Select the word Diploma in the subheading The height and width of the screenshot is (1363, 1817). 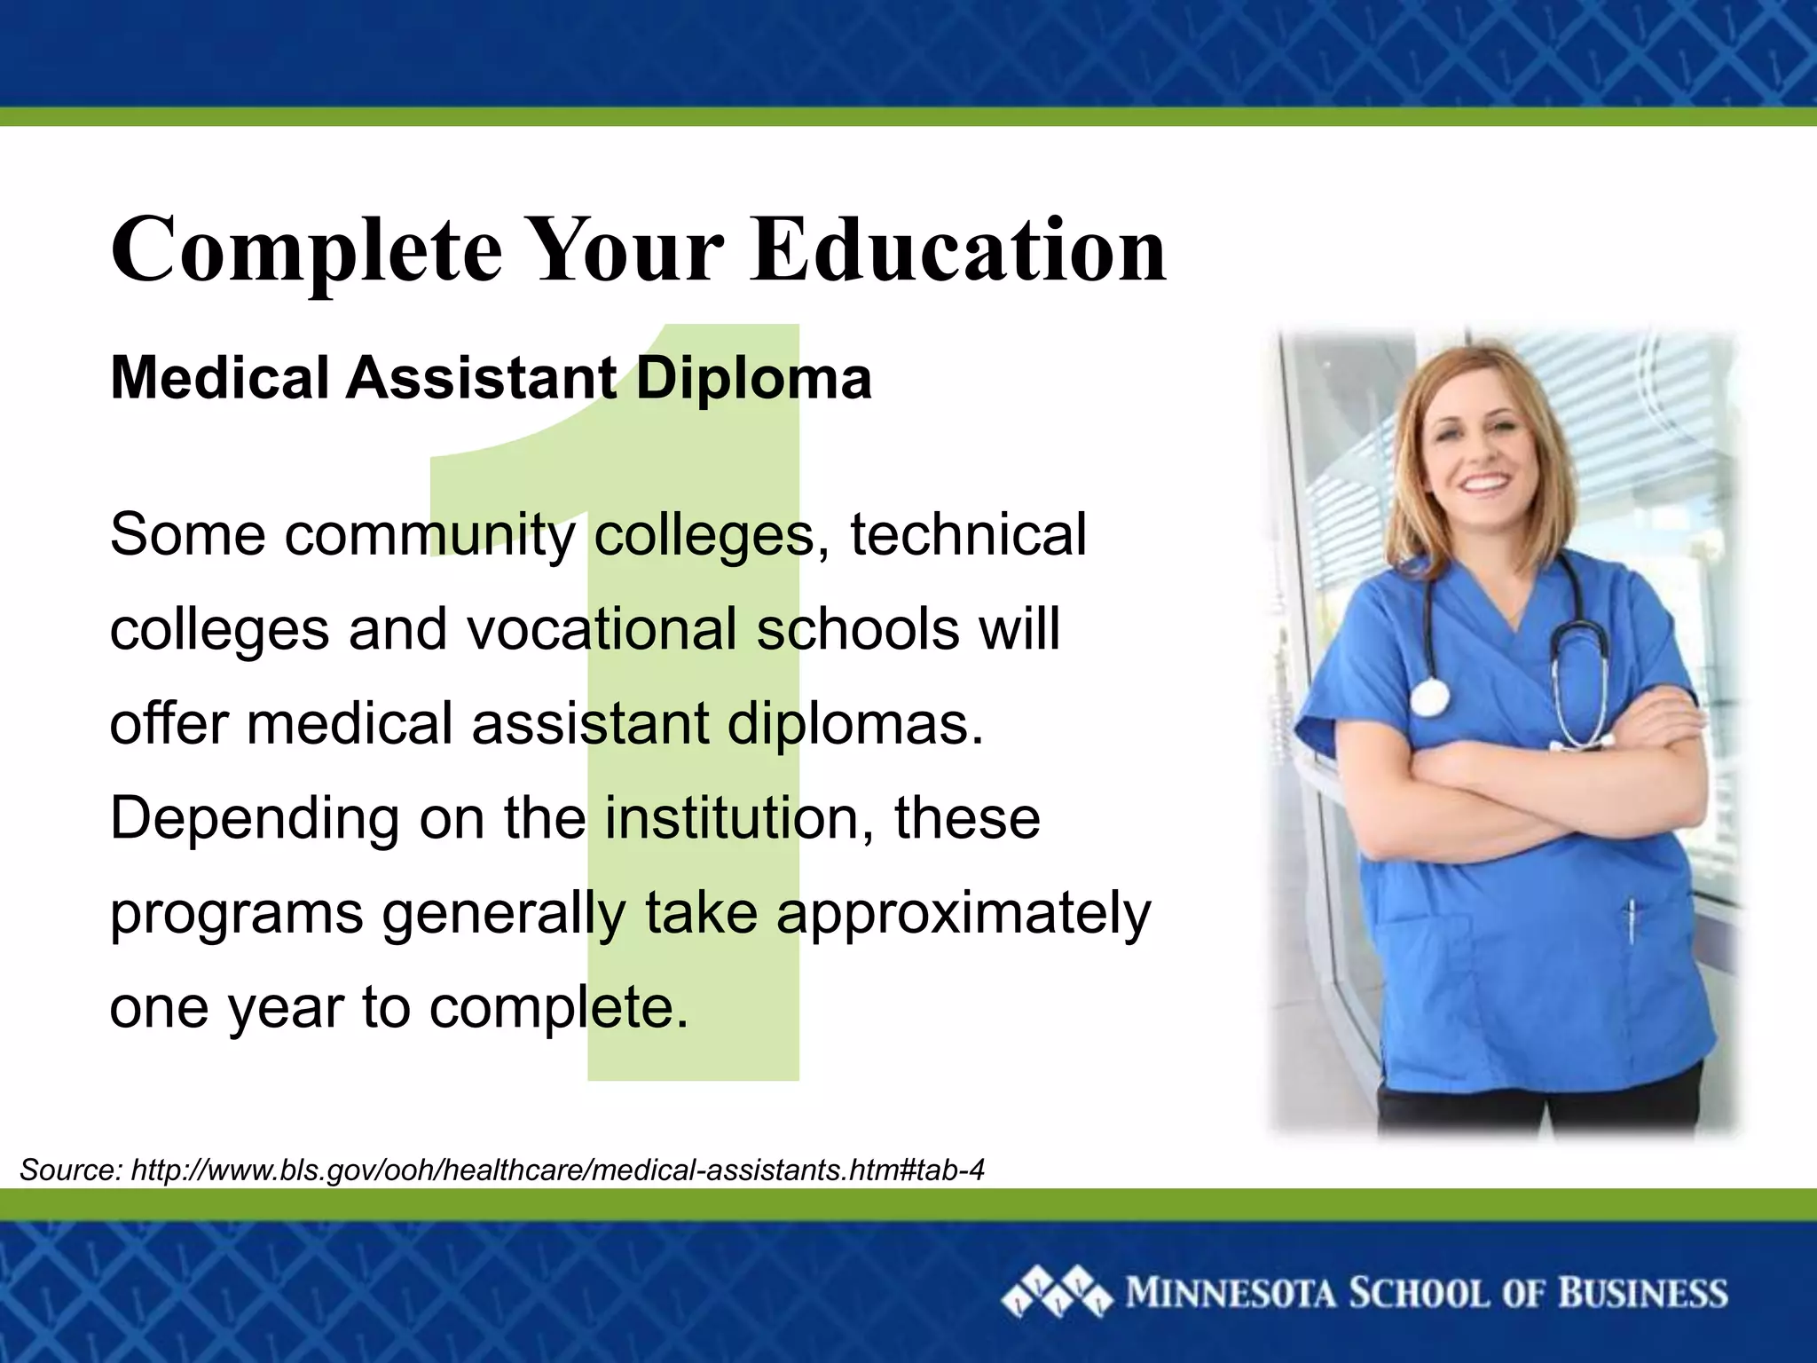[x=753, y=379]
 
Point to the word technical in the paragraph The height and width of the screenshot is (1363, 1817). [x=968, y=535]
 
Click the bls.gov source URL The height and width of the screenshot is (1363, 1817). [x=557, y=1170]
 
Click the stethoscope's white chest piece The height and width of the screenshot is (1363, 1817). [x=1428, y=697]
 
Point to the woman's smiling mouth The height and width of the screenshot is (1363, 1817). [x=1483, y=485]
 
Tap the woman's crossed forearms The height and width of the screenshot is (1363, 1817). [x=1508, y=781]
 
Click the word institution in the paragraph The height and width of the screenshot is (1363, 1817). [x=731, y=819]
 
